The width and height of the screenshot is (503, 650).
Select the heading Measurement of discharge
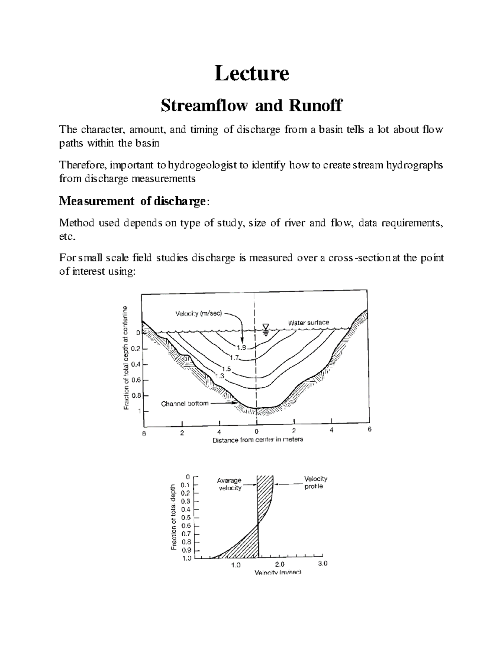pyautogui.click(x=133, y=201)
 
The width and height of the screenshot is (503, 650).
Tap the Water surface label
pyautogui.click(x=308, y=323)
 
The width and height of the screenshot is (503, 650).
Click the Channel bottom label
pyautogui.click(x=185, y=404)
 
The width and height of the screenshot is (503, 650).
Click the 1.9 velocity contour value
pyautogui.click(x=241, y=347)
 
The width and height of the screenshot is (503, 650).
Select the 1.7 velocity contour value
pyautogui.click(x=235, y=357)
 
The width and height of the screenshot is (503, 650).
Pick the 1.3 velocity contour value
pyautogui.click(x=220, y=376)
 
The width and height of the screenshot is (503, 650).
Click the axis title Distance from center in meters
pyautogui.click(x=258, y=440)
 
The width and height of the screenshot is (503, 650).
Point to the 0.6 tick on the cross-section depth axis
pyautogui.click(x=136, y=380)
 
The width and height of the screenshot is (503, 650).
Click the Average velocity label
pyautogui.click(x=229, y=484)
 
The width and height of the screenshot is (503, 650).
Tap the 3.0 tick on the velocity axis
pyautogui.click(x=323, y=563)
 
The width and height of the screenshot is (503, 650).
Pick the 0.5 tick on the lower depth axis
pyautogui.click(x=185, y=517)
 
